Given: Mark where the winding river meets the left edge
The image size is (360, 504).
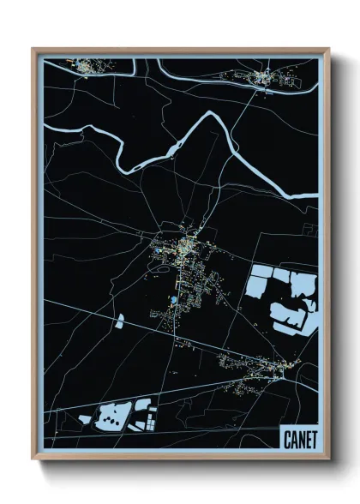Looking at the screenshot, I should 45,129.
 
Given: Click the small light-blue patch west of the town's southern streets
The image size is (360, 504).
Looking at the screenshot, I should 120,321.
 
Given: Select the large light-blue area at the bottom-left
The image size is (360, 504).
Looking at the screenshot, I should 111,418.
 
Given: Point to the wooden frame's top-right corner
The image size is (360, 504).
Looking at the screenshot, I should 328,50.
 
